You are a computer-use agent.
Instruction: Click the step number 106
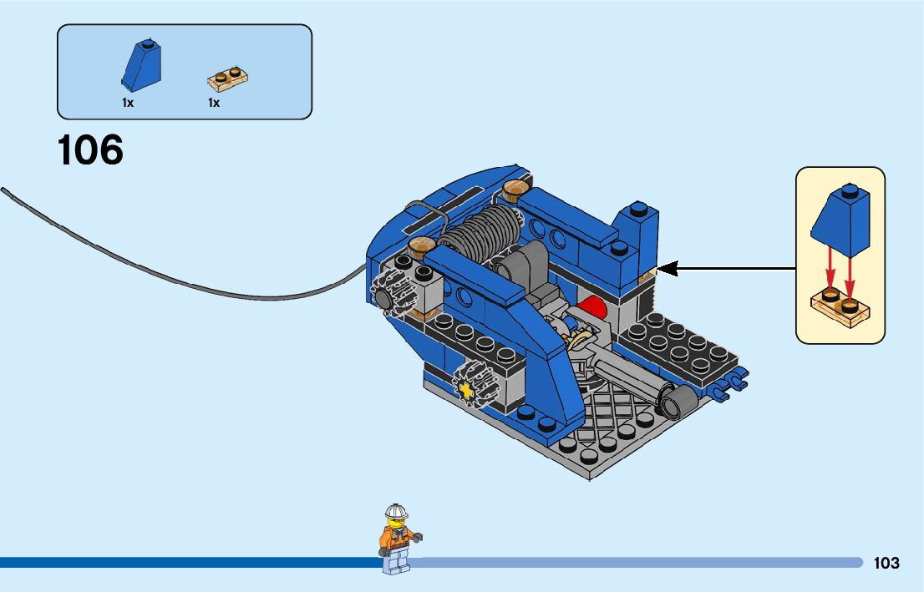pyautogui.click(x=90, y=150)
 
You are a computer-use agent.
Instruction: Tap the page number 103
pyautogui.click(x=886, y=564)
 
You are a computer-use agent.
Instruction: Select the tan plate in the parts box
pyautogui.click(x=228, y=79)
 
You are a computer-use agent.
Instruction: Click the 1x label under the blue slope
pyautogui.click(x=128, y=103)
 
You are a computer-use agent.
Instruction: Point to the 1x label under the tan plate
pyautogui.click(x=214, y=103)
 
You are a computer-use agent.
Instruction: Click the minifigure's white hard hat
pyautogui.click(x=396, y=511)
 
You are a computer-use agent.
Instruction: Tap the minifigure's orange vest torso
pyautogui.click(x=396, y=538)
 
